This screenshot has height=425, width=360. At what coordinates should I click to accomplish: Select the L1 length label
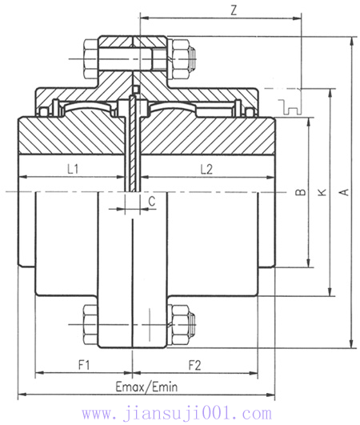pos(72,169)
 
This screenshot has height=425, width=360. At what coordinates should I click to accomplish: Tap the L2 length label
pos(205,169)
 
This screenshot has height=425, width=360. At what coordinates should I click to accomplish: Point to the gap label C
pos(151,202)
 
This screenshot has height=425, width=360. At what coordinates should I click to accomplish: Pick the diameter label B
pos(299,192)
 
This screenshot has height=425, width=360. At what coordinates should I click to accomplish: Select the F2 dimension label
pos(194,365)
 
